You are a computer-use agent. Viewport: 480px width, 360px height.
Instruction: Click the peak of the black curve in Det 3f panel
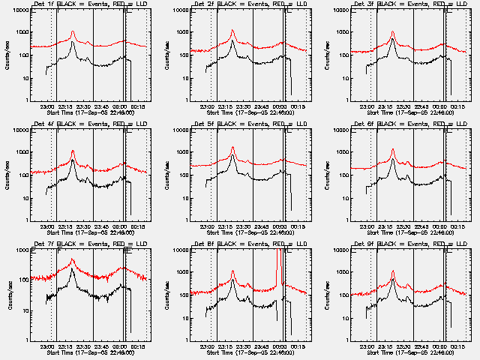(393, 39)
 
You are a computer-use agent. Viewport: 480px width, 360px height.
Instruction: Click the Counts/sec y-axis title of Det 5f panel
(166, 175)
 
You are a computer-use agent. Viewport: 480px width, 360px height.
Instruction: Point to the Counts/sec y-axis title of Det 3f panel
(326, 55)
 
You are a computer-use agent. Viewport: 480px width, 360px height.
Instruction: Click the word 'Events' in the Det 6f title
(415, 125)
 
